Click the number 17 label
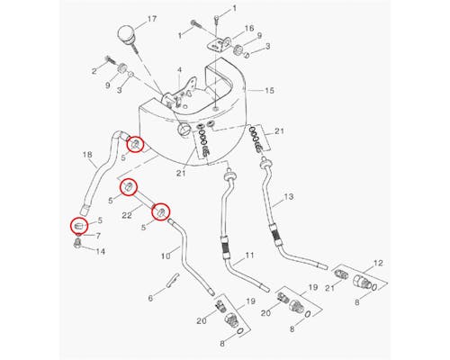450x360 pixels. [152, 19]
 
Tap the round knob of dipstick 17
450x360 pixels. [126, 33]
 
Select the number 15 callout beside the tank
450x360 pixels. [269, 90]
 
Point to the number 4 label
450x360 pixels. [179, 70]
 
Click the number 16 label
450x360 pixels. [249, 28]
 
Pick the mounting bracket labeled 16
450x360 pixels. [219, 44]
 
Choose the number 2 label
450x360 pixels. [94, 71]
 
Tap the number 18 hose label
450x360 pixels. [87, 155]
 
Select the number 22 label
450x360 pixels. [127, 215]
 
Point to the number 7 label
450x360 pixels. [98, 236]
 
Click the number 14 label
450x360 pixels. [100, 251]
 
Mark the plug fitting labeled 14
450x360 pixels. [77, 243]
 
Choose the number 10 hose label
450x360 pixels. [166, 256]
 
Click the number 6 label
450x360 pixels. [150, 298]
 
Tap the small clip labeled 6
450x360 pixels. [174, 280]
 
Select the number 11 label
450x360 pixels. [249, 256]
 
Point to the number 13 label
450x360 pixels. [288, 197]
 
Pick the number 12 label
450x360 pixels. [378, 263]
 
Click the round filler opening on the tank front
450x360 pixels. [183, 129]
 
